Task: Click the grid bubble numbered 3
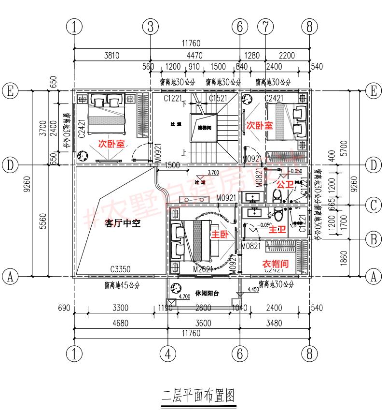point(151,27)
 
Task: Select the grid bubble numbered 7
point(264,27)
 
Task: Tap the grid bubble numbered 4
point(167,354)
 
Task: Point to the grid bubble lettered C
point(373,206)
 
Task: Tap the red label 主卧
point(219,234)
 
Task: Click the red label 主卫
point(277,230)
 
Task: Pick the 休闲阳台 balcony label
point(208,293)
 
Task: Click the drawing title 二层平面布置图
point(197,396)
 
